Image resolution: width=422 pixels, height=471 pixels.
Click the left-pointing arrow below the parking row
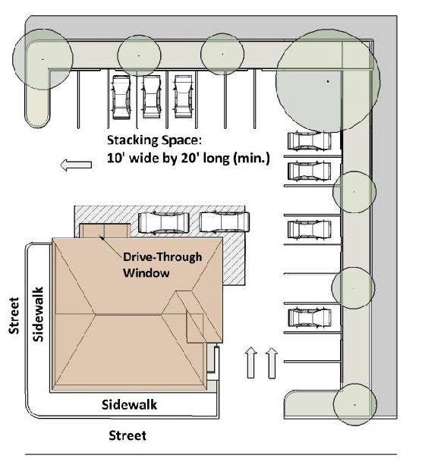(76, 165)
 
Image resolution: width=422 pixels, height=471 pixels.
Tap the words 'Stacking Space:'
(154, 140)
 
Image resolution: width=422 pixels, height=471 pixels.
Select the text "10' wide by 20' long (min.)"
(188, 158)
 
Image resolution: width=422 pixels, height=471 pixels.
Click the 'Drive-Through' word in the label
(162, 257)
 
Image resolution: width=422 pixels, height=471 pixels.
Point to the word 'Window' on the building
(146, 273)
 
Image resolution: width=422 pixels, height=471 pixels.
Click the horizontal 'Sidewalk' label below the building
(129, 404)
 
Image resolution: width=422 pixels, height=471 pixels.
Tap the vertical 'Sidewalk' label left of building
(39, 314)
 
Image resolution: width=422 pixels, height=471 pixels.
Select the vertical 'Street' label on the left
(14, 316)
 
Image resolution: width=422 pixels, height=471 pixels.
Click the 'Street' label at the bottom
(128, 435)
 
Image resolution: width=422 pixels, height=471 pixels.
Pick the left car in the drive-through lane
(164, 222)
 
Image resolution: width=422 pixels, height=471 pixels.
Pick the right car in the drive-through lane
(225, 222)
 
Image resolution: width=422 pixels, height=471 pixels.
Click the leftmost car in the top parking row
(121, 97)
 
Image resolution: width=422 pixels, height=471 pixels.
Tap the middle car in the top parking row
(152, 97)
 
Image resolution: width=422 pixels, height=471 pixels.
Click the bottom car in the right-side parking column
(310, 318)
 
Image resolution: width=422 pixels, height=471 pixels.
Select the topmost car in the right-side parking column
(309, 140)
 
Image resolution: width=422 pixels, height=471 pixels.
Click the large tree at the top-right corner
(328, 81)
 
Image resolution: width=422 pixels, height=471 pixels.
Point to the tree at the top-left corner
(43, 59)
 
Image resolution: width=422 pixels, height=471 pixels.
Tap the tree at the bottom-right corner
(355, 404)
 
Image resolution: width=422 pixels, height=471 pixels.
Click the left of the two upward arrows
(251, 363)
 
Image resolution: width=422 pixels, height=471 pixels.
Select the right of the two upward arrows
(272, 363)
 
